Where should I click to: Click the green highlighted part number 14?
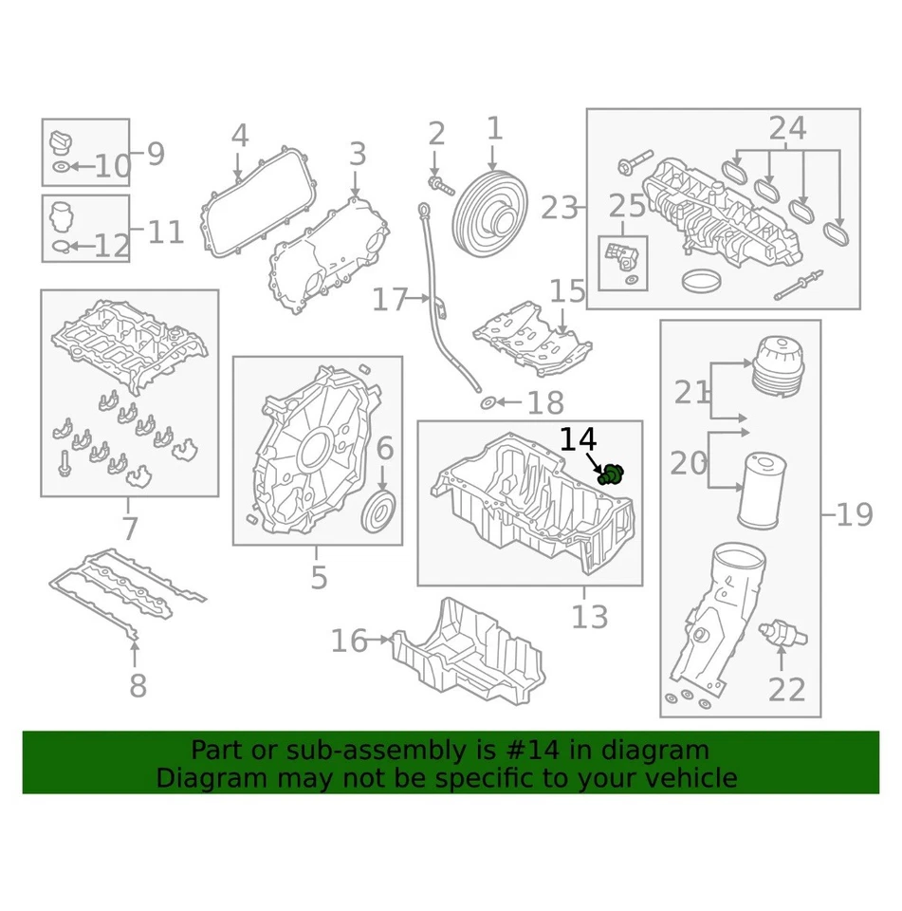[614, 474]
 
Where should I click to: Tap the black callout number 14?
[578, 440]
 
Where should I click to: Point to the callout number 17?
[389, 301]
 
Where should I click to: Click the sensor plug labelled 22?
[784, 632]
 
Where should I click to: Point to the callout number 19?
[855, 515]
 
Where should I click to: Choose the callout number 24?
[787, 128]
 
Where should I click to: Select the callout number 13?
[589, 618]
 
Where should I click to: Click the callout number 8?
[138, 685]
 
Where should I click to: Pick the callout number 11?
[166, 231]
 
